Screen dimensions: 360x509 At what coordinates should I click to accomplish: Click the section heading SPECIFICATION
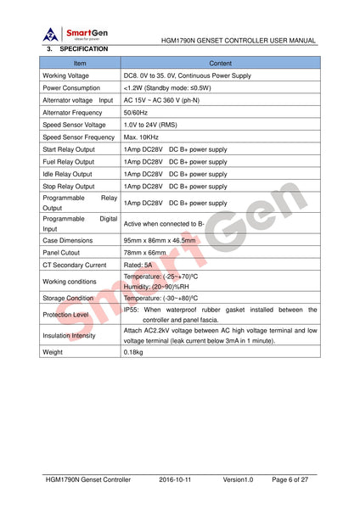[84, 50]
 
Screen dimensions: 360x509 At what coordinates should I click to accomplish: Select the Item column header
[80, 64]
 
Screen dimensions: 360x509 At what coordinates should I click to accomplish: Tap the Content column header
[220, 64]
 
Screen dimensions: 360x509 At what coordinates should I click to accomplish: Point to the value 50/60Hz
[136, 112]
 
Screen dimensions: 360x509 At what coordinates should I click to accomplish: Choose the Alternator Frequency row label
[73, 112]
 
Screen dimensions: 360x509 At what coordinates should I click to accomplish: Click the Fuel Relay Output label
[69, 161]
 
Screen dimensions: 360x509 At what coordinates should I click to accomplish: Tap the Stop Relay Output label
[69, 186]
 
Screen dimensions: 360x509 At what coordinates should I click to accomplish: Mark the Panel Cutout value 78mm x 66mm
[145, 253]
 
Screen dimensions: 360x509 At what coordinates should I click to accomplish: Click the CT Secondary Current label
[74, 265]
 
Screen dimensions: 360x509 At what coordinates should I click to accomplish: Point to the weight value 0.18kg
[135, 351]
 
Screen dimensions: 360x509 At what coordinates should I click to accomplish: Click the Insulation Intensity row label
[69, 335]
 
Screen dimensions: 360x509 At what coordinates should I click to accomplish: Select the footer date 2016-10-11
[178, 479]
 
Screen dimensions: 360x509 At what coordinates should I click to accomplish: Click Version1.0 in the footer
[238, 479]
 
